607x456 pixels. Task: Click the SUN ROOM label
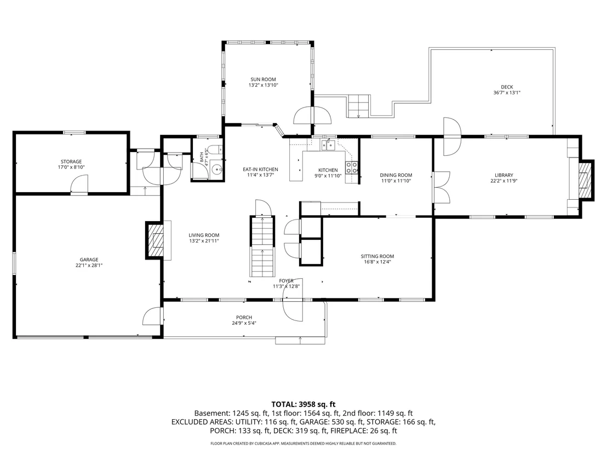263,80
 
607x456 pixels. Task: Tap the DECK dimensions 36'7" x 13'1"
507,93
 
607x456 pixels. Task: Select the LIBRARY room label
503,175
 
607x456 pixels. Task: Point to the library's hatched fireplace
585,181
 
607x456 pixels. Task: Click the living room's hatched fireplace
155,240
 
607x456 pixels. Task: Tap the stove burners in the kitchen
352,167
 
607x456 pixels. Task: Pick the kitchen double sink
328,145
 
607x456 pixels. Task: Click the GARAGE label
89,260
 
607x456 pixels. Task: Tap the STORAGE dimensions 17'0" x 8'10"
71,167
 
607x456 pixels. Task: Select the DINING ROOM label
396,175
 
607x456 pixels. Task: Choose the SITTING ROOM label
377,256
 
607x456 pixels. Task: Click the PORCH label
244,318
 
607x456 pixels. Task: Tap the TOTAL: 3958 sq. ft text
303,405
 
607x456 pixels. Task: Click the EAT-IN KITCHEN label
261,170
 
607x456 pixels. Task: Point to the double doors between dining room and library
442,188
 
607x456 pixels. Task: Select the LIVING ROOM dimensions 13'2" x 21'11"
204,241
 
